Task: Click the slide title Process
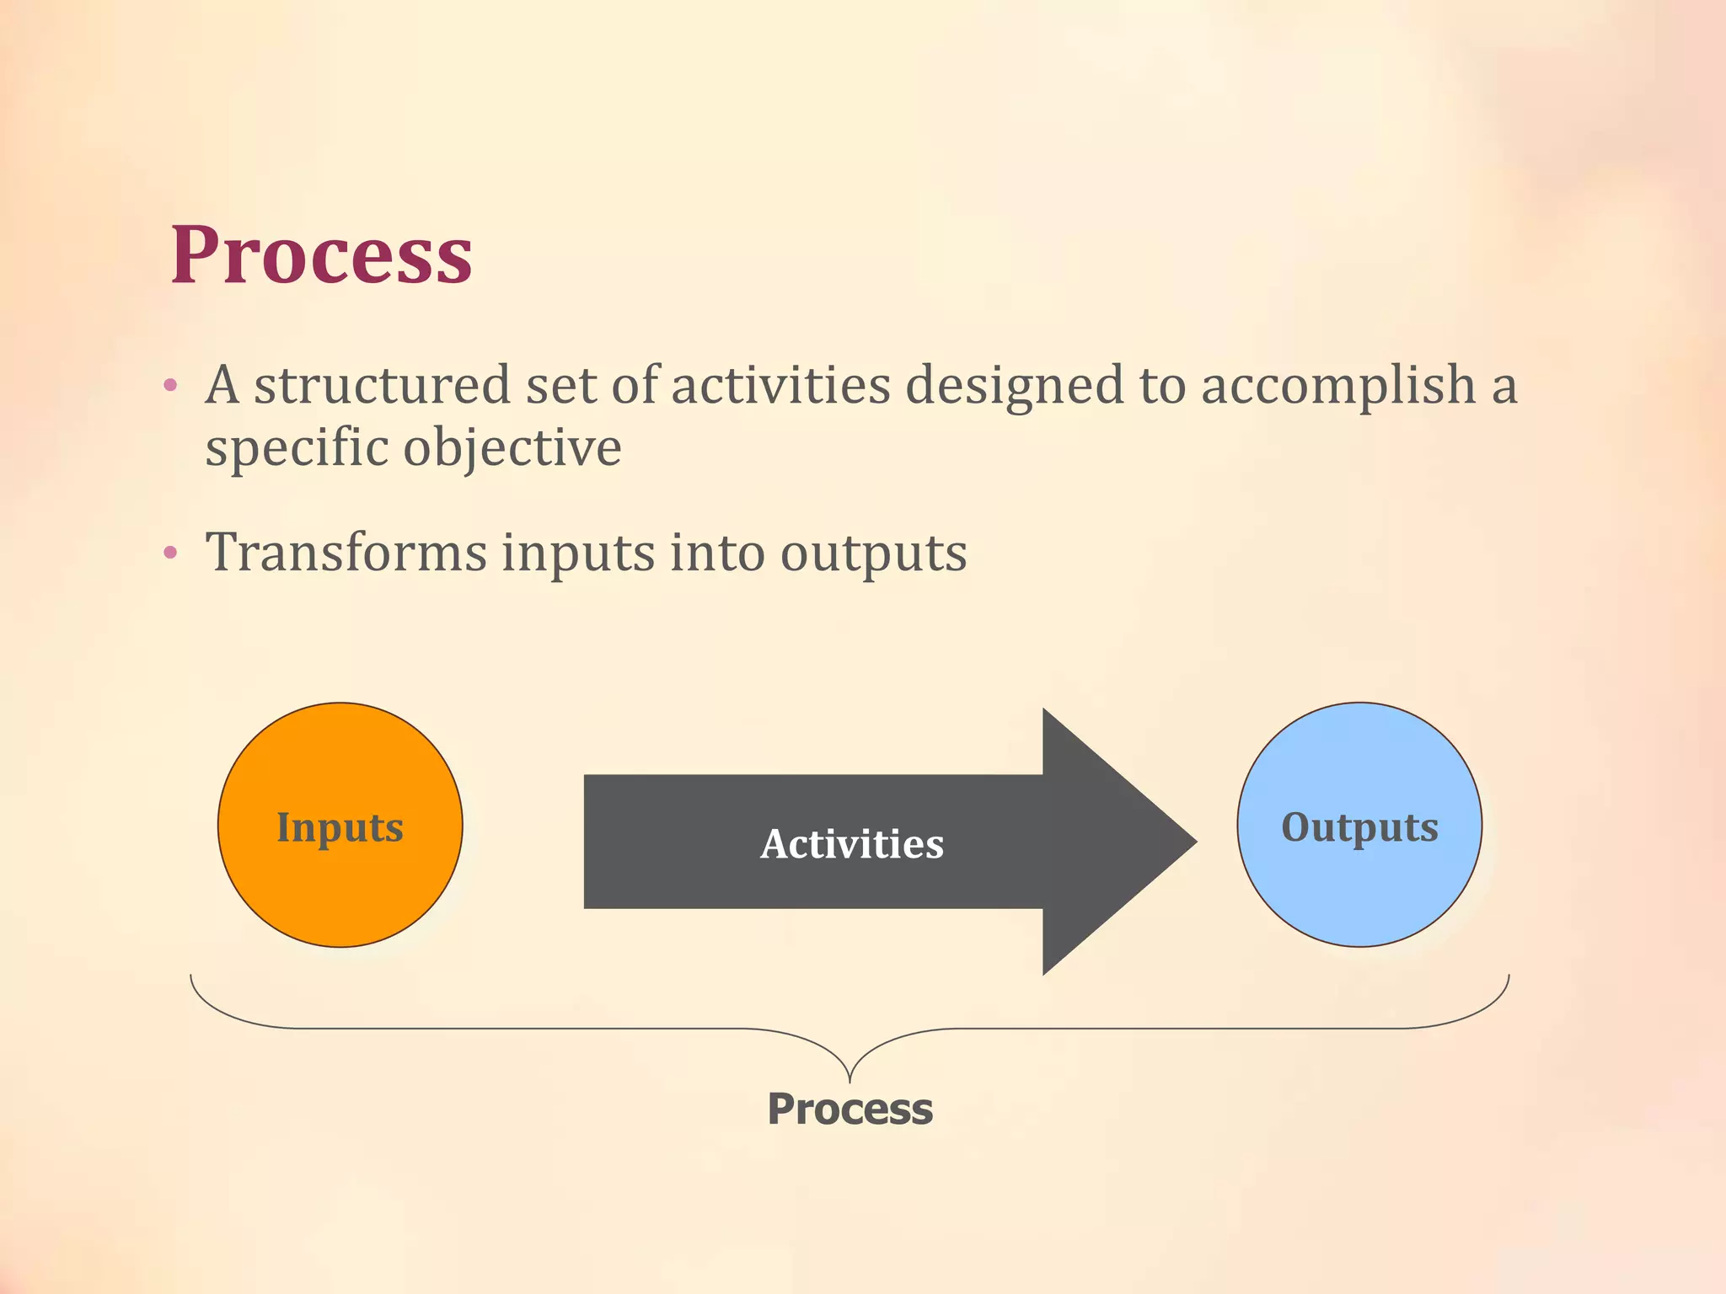(321, 254)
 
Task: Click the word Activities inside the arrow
(851, 843)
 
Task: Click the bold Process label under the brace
(850, 1109)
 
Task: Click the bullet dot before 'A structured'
(170, 387)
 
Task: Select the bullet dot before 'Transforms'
(170, 553)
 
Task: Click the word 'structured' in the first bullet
(382, 385)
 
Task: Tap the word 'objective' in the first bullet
(512, 448)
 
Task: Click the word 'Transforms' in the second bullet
(346, 553)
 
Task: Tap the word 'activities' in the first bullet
(780, 385)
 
